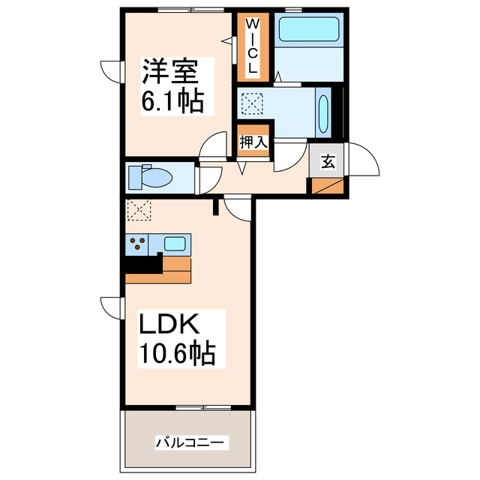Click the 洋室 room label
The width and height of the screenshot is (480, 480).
171,74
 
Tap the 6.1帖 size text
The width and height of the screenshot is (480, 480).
172,101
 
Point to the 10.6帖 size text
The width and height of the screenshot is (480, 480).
177,353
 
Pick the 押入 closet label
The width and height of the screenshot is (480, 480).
253,141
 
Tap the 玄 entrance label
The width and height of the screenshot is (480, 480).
328,160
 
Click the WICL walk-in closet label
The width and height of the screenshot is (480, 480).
252,46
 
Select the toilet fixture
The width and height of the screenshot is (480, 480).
150,178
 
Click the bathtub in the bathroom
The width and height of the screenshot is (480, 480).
310,30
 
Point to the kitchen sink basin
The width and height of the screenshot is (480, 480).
175,243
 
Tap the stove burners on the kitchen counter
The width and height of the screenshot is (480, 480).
138,243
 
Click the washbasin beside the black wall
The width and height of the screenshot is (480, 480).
323,112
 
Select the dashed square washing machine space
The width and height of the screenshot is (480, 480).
252,101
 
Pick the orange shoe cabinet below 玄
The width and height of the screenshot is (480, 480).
328,186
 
